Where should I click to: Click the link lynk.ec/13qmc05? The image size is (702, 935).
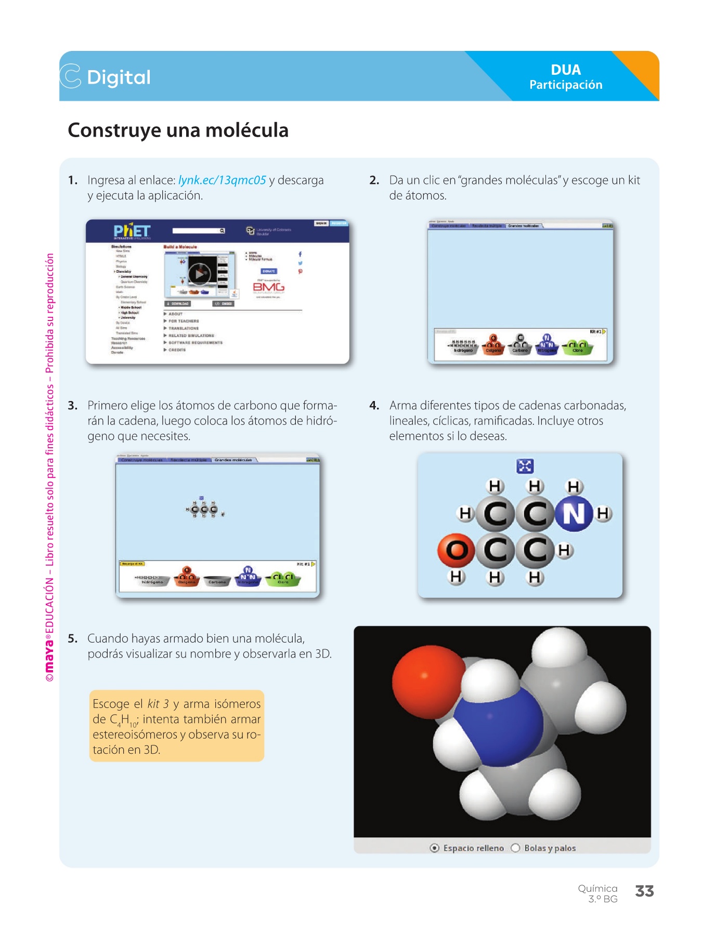(222, 180)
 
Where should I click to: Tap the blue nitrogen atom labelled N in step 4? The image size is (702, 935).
(574, 514)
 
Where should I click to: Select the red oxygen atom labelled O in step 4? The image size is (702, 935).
(456, 550)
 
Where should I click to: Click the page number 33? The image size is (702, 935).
(644, 891)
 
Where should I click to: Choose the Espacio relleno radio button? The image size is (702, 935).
(435, 848)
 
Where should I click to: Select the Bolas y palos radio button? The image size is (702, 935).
(516, 848)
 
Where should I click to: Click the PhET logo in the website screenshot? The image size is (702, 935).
(132, 231)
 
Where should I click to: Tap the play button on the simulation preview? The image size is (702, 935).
(200, 274)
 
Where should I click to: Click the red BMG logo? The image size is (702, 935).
(269, 287)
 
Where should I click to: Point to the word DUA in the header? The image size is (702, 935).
(566, 70)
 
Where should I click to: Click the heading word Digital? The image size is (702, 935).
(119, 77)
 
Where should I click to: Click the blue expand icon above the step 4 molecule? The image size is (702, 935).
(525, 466)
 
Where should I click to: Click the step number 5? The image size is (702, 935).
(73, 638)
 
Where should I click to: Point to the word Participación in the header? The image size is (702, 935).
(566, 85)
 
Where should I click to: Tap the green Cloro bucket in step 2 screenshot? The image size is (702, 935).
(577, 347)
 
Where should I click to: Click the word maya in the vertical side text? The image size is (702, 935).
(49, 656)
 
